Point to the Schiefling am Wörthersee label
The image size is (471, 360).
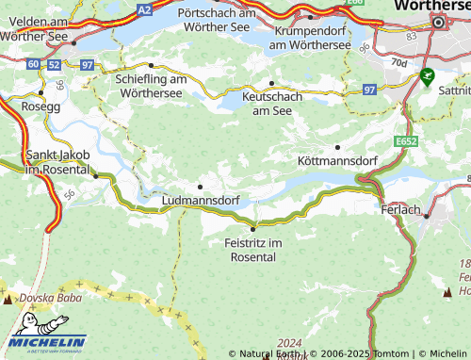[154, 87]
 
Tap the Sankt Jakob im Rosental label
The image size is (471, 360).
[47, 161]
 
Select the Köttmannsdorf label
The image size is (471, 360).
[336, 161]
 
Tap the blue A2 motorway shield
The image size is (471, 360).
[143, 8]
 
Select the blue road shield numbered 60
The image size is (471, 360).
[34, 64]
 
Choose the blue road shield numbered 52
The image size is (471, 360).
[54, 64]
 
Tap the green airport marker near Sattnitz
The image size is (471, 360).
[429, 75]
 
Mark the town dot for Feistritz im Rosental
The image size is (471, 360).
[252, 229]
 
